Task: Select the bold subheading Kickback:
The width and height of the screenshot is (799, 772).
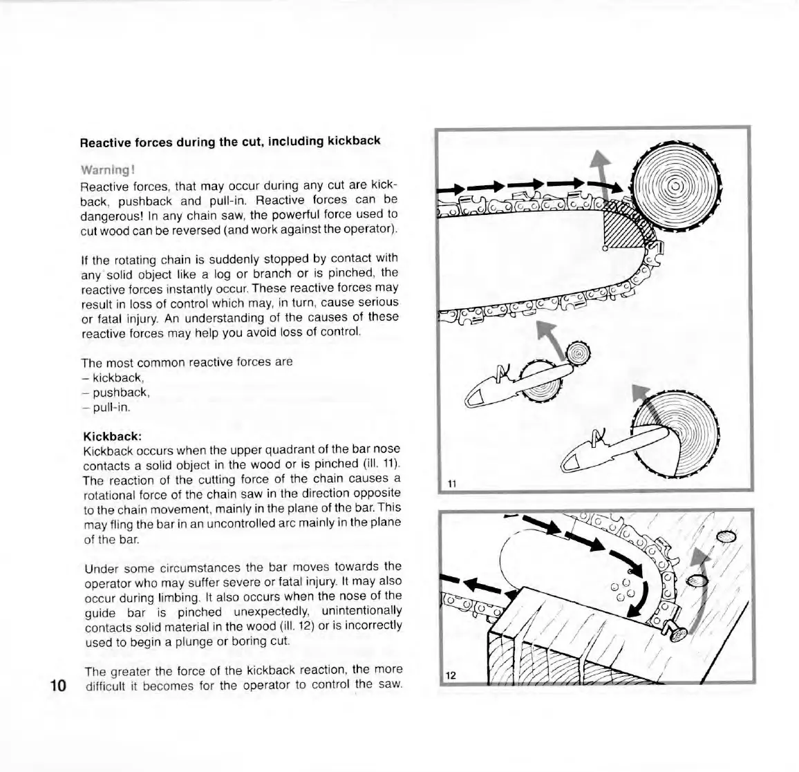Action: tap(112, 436)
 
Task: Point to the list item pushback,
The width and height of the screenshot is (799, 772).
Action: tap(121, 393)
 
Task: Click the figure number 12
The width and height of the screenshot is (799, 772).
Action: tap(451, 675)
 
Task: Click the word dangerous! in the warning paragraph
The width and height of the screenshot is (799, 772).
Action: tap(109, 215)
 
